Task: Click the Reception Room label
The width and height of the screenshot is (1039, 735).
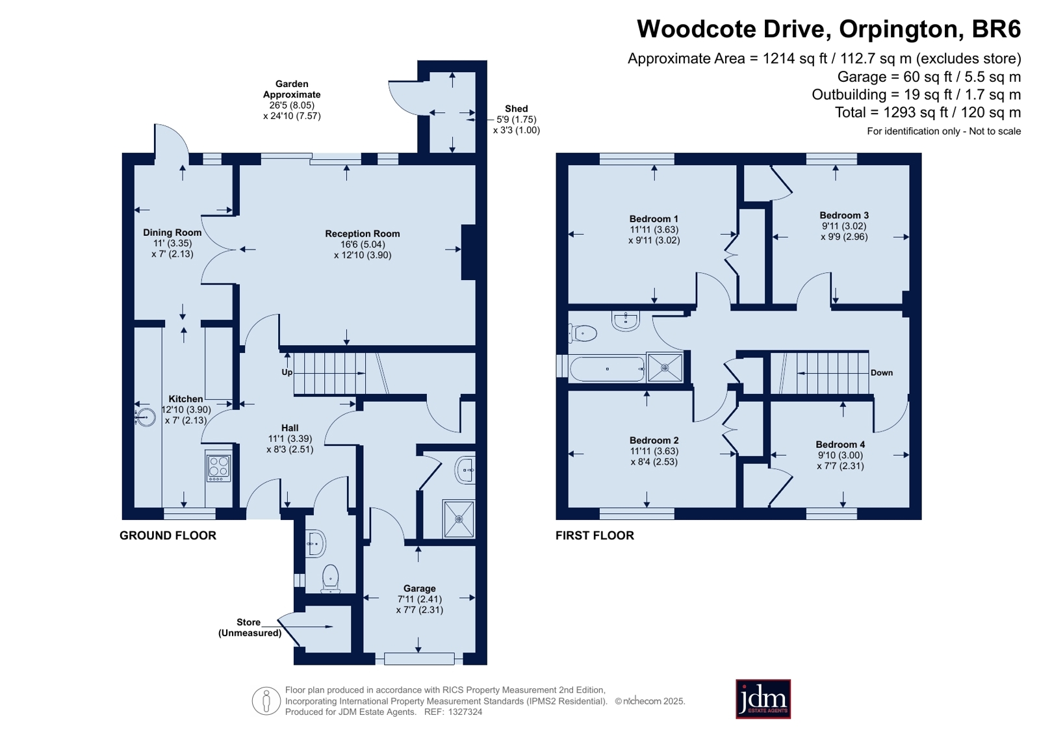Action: [x=363, y=234]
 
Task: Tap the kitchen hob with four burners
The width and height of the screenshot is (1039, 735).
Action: [x=218, y=467]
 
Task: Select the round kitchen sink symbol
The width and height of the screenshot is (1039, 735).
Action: [x=145, y=417]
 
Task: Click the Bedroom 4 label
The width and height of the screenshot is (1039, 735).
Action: [x=840, y=445]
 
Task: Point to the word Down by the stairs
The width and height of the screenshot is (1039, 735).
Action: [x=881, y=372]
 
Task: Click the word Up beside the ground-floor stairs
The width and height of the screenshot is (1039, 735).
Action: [x=287, y=372]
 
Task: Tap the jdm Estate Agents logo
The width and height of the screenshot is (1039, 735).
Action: [x=763, y=699]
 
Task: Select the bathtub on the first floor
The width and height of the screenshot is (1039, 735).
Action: [x=607, y=369]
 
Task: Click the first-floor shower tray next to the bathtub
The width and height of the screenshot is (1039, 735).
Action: [x=665, y=368]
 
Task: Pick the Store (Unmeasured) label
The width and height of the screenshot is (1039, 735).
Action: [x=250, y=627]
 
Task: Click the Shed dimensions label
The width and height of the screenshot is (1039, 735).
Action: [x=517, y=125]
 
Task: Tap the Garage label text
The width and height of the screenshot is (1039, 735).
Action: [x=419, y=588]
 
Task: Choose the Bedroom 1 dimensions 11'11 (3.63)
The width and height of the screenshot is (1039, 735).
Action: [x=654, y=229]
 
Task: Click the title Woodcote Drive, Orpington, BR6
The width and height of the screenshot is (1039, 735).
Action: [x=829, y=29]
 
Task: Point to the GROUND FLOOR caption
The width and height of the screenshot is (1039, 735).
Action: [x=168, y=535]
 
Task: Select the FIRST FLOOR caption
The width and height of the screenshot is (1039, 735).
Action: [x=595, y=535]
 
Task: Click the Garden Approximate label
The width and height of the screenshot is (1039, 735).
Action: [x=292, y=89]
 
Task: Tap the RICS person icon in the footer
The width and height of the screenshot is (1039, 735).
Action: [x=266, y=701]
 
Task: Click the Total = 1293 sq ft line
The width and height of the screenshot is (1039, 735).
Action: [x=928, y=112]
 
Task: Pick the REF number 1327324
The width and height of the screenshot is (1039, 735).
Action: [x=465, y=712]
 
